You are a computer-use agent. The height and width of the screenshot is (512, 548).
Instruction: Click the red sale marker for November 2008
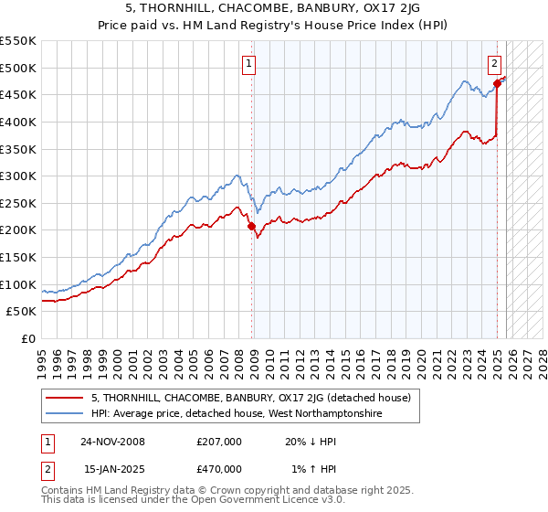251,226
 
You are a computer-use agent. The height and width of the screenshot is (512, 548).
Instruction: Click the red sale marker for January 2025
497,83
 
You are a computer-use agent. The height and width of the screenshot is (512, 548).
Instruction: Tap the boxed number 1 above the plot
248,63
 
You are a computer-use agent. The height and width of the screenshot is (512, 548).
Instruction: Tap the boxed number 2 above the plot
493,63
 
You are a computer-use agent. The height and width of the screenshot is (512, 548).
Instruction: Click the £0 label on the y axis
27,338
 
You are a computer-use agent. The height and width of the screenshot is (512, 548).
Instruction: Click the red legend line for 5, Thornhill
65,398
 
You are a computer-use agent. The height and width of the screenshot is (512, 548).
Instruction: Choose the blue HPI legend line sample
65,414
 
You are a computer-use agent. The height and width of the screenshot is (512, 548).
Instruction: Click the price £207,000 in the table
219,442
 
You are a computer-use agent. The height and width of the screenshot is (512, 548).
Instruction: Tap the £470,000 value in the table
219,469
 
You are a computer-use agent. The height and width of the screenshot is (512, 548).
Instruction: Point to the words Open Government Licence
258,502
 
